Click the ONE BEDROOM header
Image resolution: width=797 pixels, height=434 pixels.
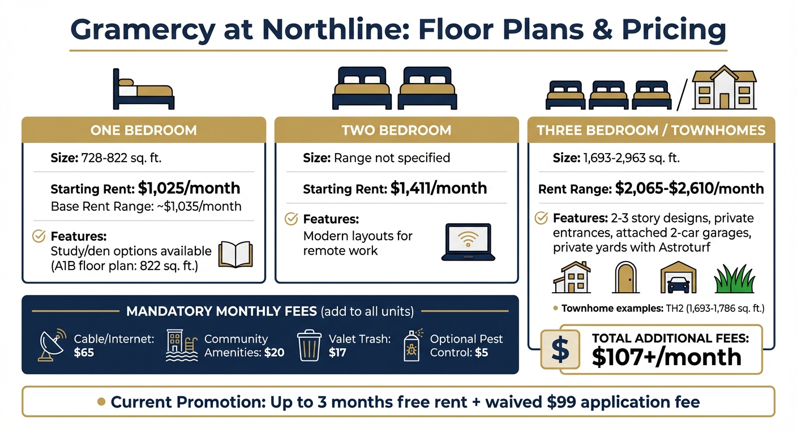coord(143,131)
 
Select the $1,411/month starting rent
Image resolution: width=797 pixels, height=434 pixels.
coord(439,188)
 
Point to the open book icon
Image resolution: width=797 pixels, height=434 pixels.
coord(235,254)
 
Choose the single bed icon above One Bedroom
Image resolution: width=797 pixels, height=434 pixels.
coord(143,89)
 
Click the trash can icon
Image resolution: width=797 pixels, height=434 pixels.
coord(308,345)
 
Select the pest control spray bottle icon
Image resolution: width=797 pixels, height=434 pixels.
coord(412,345)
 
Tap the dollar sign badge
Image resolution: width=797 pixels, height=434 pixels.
coord(560,349)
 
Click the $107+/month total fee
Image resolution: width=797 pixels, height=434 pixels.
coord(666,357)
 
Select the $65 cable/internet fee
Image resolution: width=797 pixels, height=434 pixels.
coord(84,353)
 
